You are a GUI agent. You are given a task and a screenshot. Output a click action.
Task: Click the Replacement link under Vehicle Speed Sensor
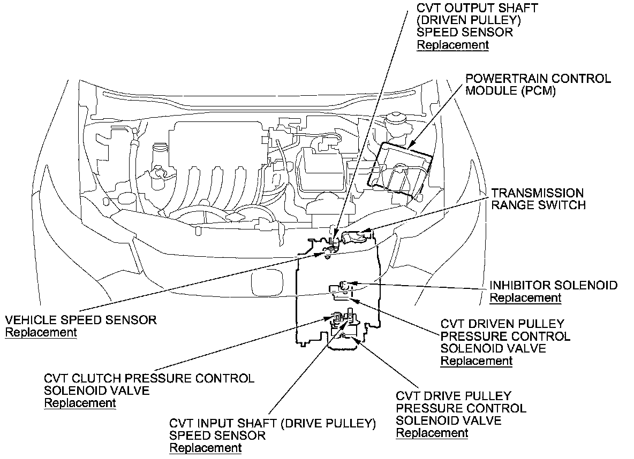click(x=41, y=332)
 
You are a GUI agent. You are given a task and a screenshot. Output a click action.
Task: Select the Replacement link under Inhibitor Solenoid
click(x=525, y=298)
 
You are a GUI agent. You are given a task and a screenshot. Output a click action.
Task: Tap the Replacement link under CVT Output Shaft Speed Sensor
click(x=452, y=45)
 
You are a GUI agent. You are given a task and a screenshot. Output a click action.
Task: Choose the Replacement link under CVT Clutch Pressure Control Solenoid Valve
click(x=80, y=403)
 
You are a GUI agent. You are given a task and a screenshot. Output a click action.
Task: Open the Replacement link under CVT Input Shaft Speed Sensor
click(x=205, y=448)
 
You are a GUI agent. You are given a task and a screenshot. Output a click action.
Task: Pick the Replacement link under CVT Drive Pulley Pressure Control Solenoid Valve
click(x=432, y=433)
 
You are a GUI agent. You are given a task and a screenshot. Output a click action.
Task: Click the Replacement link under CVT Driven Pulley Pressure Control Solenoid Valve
click(x=476, y=361)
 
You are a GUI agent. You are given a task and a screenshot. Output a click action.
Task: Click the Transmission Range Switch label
click(x=538, y=198)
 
